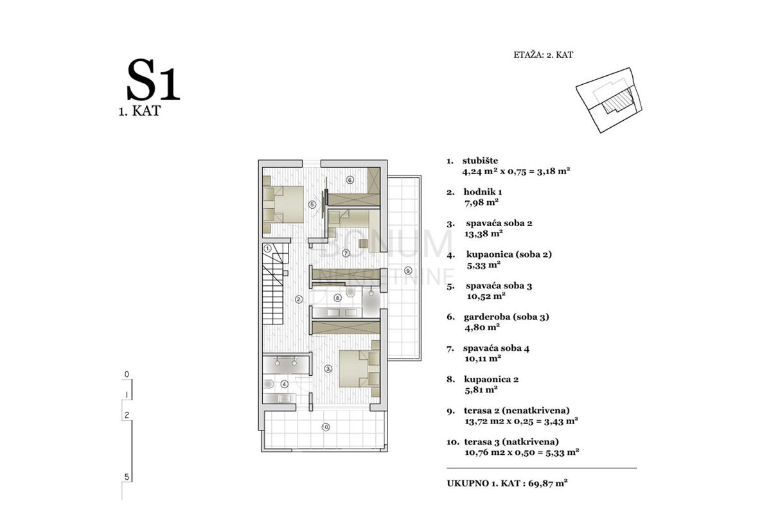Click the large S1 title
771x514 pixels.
pos(154,80)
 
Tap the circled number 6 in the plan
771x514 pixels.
pos(350,180)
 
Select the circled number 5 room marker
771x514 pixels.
pos(312,204)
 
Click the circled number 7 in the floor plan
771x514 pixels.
pos(346,253)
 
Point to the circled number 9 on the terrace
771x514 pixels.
pos(408,270)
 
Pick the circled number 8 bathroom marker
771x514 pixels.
pos(338,298)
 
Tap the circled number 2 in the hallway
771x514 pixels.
pos(299,299)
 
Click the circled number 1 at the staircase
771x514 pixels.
pos(267,248)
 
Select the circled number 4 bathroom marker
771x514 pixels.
pos(284,384)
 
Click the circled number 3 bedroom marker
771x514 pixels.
pos(328,369)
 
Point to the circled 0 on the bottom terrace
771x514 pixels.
pos(326,427)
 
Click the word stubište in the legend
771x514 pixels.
pos(480,161)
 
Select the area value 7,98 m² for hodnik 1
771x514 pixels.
pos(481,202)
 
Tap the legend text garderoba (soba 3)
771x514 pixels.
pos(506,317)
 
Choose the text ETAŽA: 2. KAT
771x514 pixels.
pos(543,55)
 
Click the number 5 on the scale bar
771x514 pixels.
pos(127,477)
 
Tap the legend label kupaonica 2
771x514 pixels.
pos(491,379)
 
